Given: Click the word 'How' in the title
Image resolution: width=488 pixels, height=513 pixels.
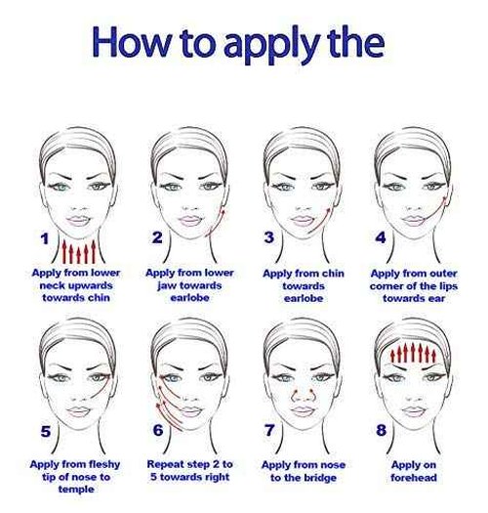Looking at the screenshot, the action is pos(132,43).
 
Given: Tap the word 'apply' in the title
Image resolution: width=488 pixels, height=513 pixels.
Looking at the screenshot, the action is pos(272,46).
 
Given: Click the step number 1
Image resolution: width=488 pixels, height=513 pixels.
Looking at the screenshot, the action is pos(45,238).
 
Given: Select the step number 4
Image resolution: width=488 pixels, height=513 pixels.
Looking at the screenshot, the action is pos(380,237).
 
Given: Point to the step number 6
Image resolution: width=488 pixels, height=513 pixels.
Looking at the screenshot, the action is pos(158,430).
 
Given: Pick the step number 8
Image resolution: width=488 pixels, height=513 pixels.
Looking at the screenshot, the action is pos(381,430).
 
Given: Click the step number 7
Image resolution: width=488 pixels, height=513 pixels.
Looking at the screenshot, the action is pos(269,430).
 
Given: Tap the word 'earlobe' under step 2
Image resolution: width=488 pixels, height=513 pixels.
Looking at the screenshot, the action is pos(189,298).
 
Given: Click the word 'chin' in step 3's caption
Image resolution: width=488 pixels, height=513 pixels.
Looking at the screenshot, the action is pos(333,274).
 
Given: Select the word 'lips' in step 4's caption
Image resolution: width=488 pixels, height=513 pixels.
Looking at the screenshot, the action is pos(448,286).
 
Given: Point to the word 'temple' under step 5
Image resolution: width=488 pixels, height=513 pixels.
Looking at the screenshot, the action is pos(76,490).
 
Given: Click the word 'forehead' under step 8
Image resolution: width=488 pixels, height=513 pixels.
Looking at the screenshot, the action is pos(414,478).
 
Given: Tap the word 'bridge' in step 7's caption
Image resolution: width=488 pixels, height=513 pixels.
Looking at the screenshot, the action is pos(320,478).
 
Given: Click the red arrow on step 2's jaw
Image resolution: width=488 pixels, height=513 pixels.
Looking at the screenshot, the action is pos(217,222).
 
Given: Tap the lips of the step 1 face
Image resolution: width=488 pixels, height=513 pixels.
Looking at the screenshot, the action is pos(78,220).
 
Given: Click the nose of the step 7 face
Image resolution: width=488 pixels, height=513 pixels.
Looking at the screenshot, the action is pos(304,395).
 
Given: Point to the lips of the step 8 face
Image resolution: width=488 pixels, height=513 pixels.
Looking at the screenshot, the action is pos(414,411).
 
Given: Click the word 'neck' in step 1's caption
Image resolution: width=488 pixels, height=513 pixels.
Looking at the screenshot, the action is pos(53,285).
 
